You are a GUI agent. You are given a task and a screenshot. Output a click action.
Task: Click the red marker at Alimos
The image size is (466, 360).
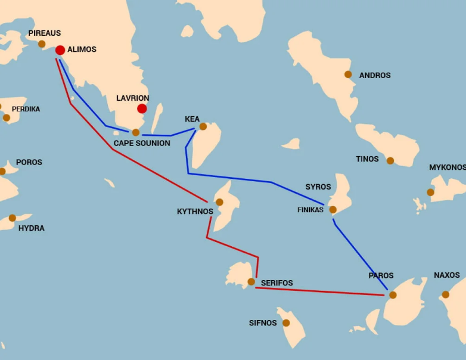[60, 50]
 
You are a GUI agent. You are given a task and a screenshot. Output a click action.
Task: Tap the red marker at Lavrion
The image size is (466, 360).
[142, 108]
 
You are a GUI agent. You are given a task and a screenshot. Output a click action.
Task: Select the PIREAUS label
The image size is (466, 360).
[45, 33]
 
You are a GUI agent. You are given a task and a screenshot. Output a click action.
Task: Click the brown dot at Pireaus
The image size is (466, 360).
[42, 44]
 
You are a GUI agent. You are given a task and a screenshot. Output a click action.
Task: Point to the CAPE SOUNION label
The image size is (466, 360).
[142, 144]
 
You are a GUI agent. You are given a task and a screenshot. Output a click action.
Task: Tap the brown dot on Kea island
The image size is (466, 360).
[203, 126]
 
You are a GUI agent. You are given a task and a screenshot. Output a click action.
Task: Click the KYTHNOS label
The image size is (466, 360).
[195, 212]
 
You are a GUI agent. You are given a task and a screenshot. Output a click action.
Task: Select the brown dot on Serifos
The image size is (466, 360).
[251, 281]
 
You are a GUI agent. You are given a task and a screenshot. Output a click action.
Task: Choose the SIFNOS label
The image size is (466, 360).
[263, 323]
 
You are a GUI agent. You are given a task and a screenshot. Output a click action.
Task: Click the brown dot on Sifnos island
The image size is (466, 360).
[286, 323]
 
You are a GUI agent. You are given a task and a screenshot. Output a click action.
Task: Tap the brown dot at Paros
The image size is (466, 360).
[393, 294]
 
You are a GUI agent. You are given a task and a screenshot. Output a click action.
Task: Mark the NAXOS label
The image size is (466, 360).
[447, 275]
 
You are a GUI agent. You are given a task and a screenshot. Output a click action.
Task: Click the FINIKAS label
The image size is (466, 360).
[310, 210]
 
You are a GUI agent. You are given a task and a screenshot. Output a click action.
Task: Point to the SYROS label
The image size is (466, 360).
[318, 187]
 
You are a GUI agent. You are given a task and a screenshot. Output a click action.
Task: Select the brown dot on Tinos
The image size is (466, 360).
[390, 160]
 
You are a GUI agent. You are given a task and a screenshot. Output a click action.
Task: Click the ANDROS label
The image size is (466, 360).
[375, 75]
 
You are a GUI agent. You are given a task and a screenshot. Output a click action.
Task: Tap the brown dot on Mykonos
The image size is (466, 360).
[430, 192]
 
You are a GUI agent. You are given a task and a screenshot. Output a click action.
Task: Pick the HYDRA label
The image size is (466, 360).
[32, 228]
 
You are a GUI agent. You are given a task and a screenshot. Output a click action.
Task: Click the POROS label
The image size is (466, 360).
[29, 162]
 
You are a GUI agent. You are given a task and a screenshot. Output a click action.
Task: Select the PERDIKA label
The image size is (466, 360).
[26, 109]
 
